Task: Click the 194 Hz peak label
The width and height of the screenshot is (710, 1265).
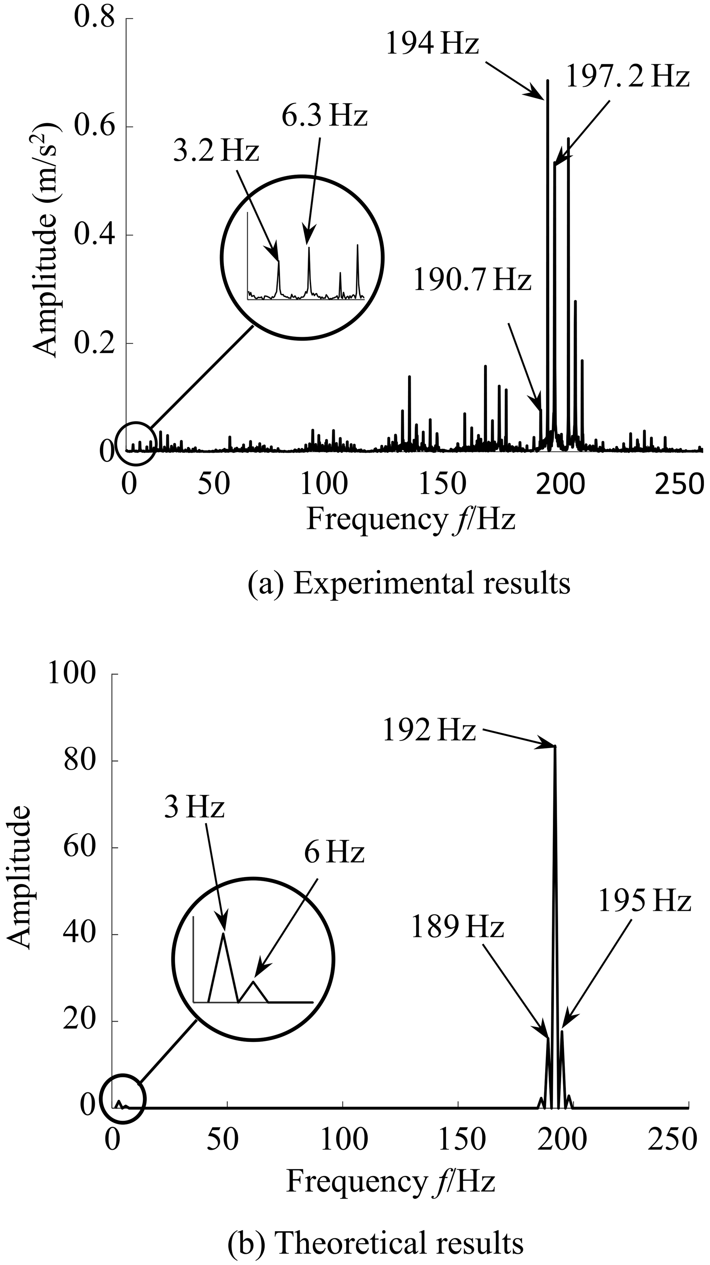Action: point(431,45)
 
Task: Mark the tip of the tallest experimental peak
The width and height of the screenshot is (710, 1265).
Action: point(548,80)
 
